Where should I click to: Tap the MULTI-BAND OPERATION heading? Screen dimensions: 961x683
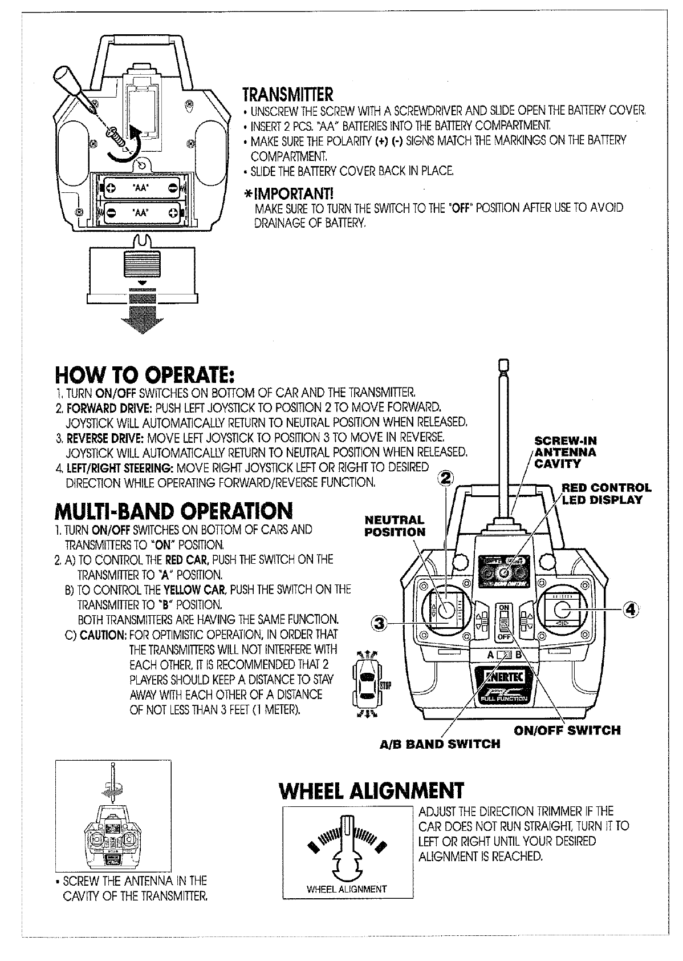(x=174, y=510)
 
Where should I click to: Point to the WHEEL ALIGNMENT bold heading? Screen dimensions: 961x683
(x=371, y=790)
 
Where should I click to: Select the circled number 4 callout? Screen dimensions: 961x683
(x=629, y=609)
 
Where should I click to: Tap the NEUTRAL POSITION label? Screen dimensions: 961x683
(x=395, y=526)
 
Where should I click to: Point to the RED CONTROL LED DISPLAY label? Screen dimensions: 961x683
(x=605, y=494)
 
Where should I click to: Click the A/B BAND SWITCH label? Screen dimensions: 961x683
(x=440, y=744)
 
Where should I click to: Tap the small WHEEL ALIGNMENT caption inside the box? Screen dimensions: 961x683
(x=347, y=889)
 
